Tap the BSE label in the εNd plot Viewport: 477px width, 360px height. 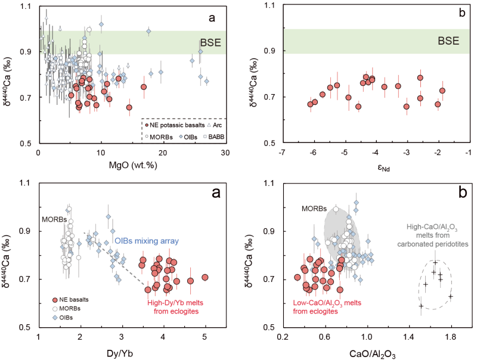coord(449,42)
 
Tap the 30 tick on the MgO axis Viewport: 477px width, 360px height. coord(225,153)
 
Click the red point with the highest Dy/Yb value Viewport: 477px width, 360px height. coord(205,277)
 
